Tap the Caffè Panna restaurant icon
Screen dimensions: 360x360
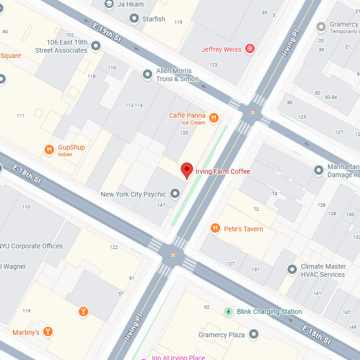[214, 118]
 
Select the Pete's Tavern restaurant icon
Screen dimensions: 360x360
[215, 229]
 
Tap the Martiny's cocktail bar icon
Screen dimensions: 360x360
[47, 332]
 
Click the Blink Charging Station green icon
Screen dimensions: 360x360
[229, 312]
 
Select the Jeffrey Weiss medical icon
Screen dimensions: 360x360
[249, 49]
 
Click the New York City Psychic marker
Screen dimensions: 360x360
[175, 193]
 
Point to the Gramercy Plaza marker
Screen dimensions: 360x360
[254, 334]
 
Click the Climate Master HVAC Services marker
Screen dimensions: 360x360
[292, 270]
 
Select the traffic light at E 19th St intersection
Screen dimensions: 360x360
[253, 113]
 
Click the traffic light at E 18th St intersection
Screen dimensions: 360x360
[173, 255]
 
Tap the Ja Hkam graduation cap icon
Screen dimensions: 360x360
[109, 4]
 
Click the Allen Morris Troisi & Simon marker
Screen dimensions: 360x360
[148, 75]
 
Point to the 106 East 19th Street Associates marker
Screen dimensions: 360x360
[96, 46]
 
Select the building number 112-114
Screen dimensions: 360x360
[134, 105]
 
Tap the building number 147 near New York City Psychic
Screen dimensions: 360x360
[161, 205]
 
